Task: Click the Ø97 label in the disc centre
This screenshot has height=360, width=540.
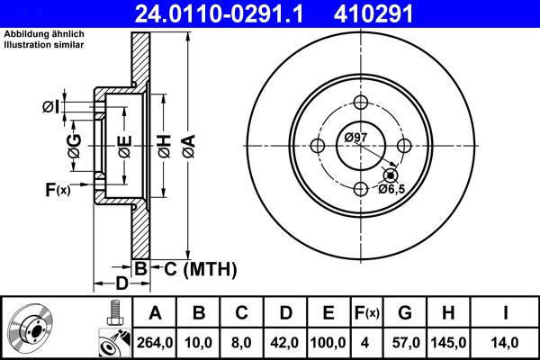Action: click(x=356, y=137)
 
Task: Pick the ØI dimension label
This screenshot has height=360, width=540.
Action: click(x=52, y=107)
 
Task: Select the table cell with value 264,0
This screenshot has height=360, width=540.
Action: click(x=155, y=341)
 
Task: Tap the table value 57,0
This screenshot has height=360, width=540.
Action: click(x=404, y=341)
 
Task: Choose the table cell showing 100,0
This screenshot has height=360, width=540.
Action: click(x=328, y=341)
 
